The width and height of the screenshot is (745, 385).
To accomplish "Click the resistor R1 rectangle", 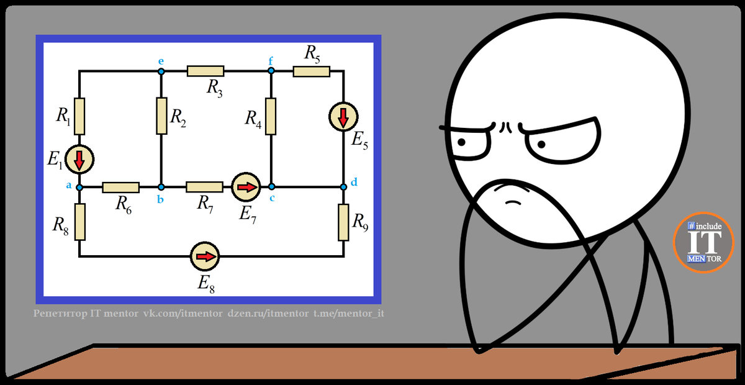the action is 79,115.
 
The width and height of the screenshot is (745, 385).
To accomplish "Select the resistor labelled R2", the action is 161,115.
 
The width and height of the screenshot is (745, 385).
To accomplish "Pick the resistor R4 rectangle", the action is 271,115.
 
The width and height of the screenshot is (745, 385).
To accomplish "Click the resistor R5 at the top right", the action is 311,71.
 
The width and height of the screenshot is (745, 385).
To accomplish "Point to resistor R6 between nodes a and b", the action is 120,186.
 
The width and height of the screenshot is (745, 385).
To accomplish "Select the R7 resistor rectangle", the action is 204,186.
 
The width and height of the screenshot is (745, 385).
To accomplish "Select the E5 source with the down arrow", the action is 343,116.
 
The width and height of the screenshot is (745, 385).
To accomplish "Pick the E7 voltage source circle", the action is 246,186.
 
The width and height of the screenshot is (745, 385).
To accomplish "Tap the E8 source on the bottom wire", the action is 205,256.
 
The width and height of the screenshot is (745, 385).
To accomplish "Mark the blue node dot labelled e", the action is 161,71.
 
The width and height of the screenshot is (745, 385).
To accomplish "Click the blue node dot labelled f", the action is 271,71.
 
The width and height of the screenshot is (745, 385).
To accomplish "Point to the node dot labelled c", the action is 271,186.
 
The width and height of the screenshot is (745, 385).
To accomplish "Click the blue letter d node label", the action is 354,182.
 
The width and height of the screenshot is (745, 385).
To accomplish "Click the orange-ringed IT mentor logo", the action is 704,242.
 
